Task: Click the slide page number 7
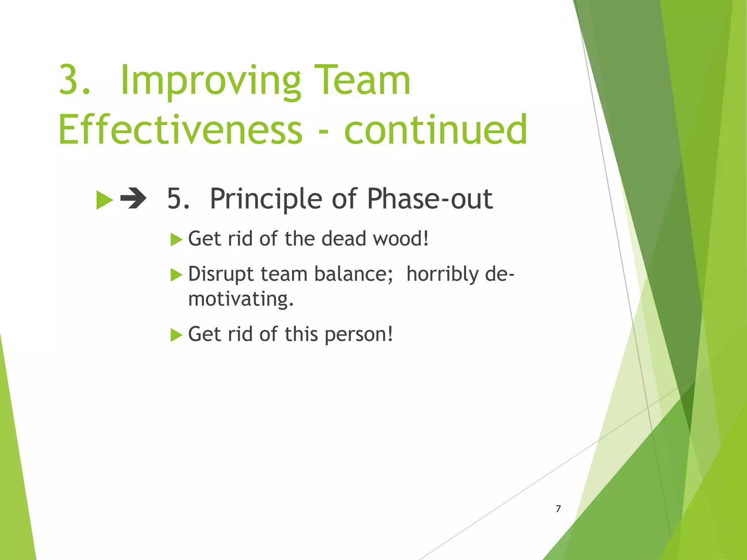[x=558, y=509]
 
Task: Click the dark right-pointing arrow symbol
[x=133, y=199]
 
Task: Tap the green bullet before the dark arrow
[x=104, y=200]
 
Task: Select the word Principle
[x=266, y=199]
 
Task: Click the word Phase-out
[x=430, y=199]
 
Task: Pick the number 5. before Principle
[x=178, y=199]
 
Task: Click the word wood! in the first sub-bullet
[x=401, y=239]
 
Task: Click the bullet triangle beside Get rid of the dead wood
[x=176, y=240]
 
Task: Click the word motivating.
[x=240, y=299]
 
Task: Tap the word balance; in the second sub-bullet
[x=353, y=274]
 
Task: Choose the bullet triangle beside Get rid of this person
[x=176, y=335]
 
